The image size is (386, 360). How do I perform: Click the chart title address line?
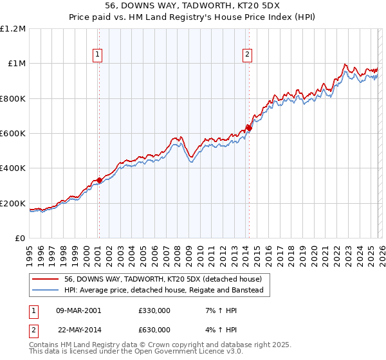pyautogui.click(x=192, y=6)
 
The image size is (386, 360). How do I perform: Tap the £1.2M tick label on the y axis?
pyautogui.click(x=14, y=29)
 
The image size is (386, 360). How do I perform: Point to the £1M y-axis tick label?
pyautogui.click(x=17, y=64)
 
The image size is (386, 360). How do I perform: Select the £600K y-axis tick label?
pyautogui.click(x=14, y=134)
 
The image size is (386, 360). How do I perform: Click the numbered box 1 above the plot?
pyautogui.click(x=97, y=55)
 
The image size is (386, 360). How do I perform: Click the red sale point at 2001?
pyautogui.click(x=99, y=181)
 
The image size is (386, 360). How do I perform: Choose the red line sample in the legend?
pyautogui.click(x=46, y=280)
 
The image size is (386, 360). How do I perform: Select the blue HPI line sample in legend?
pyautogui.click(x=46, y=291)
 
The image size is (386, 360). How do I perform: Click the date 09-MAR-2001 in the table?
pyautogui.click(x=79, y=310)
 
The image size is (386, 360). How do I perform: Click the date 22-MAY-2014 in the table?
pyautogui.click(x=79, y=330)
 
